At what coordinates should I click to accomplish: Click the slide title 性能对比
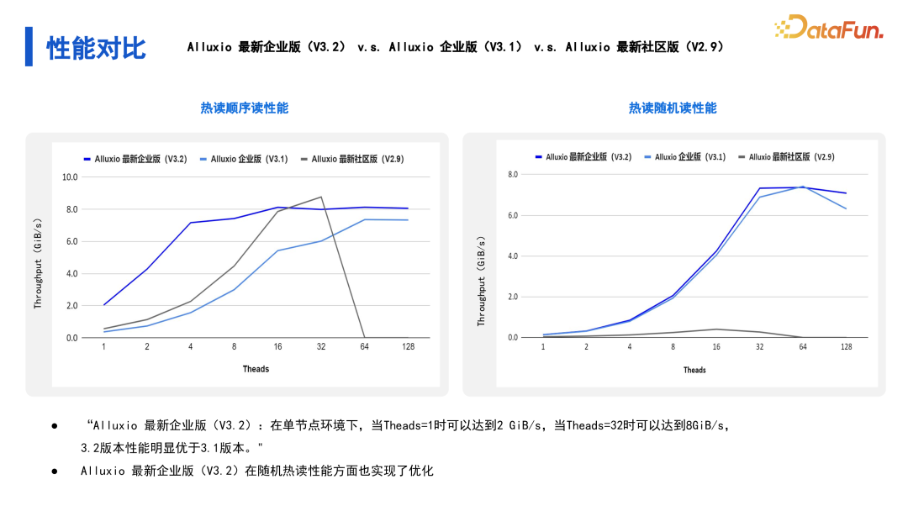[x=96, y=48]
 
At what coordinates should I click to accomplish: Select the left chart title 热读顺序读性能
[x=244, y=108]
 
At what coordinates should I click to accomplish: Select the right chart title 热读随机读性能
[x=673, y=108]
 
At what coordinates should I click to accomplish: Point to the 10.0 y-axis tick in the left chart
[x=69, y=177]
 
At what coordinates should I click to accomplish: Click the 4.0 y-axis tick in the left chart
[x=71, y=274]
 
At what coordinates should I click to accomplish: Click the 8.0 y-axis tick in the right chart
[x=512, y=174]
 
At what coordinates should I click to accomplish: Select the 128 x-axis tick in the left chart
[x=409, y=346]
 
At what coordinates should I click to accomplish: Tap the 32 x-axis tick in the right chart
[x=759, y=346]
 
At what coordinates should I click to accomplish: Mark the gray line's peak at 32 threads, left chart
[x=321, y=198]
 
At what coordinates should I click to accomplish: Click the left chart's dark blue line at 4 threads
[x=190, y=223]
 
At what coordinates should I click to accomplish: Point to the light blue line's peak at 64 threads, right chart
[x=803, y=187]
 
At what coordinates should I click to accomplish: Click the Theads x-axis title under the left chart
[x=256, y=369]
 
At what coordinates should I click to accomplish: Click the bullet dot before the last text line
[x=55, y=471]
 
